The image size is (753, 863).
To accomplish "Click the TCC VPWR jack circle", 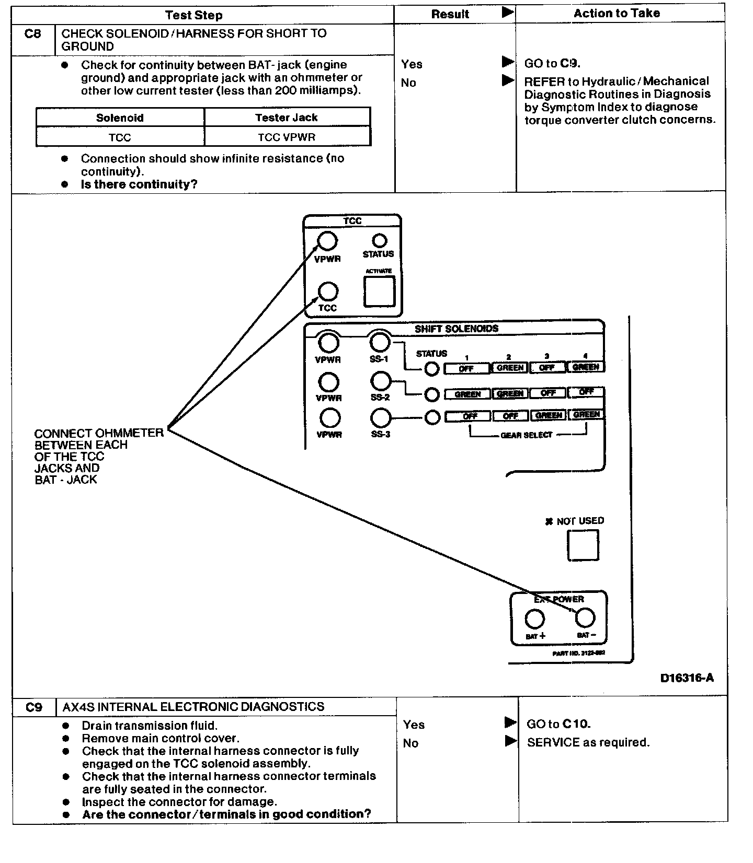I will click(328, 241).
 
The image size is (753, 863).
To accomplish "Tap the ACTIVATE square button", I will click(379, 291).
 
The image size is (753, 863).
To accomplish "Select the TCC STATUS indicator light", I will click(379, 241).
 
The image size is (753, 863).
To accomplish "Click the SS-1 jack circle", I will click(380, 342).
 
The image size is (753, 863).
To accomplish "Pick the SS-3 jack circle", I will click(380, 418).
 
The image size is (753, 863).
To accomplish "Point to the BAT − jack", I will click(585, 618).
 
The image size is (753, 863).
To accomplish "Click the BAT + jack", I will click(534, 619).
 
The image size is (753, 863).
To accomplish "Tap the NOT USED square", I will click(583, 545).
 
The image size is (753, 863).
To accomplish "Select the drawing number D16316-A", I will click(687, 678).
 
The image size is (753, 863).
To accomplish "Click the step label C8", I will click(32, 34).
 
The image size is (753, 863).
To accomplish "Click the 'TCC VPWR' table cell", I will click(287, 137).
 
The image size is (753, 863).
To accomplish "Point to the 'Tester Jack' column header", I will click(287, 118).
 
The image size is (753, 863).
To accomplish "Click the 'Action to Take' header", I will click(617, 13).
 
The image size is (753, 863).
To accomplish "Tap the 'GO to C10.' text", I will click(558, 724).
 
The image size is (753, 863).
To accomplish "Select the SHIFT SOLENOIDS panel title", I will click(457, 329).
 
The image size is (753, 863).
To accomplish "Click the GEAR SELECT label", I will click(526, 435).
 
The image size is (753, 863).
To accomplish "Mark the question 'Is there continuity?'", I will click(139, 184).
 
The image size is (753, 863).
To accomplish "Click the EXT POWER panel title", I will click(558, 599).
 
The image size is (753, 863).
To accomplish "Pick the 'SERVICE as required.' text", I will click(588, 742).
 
